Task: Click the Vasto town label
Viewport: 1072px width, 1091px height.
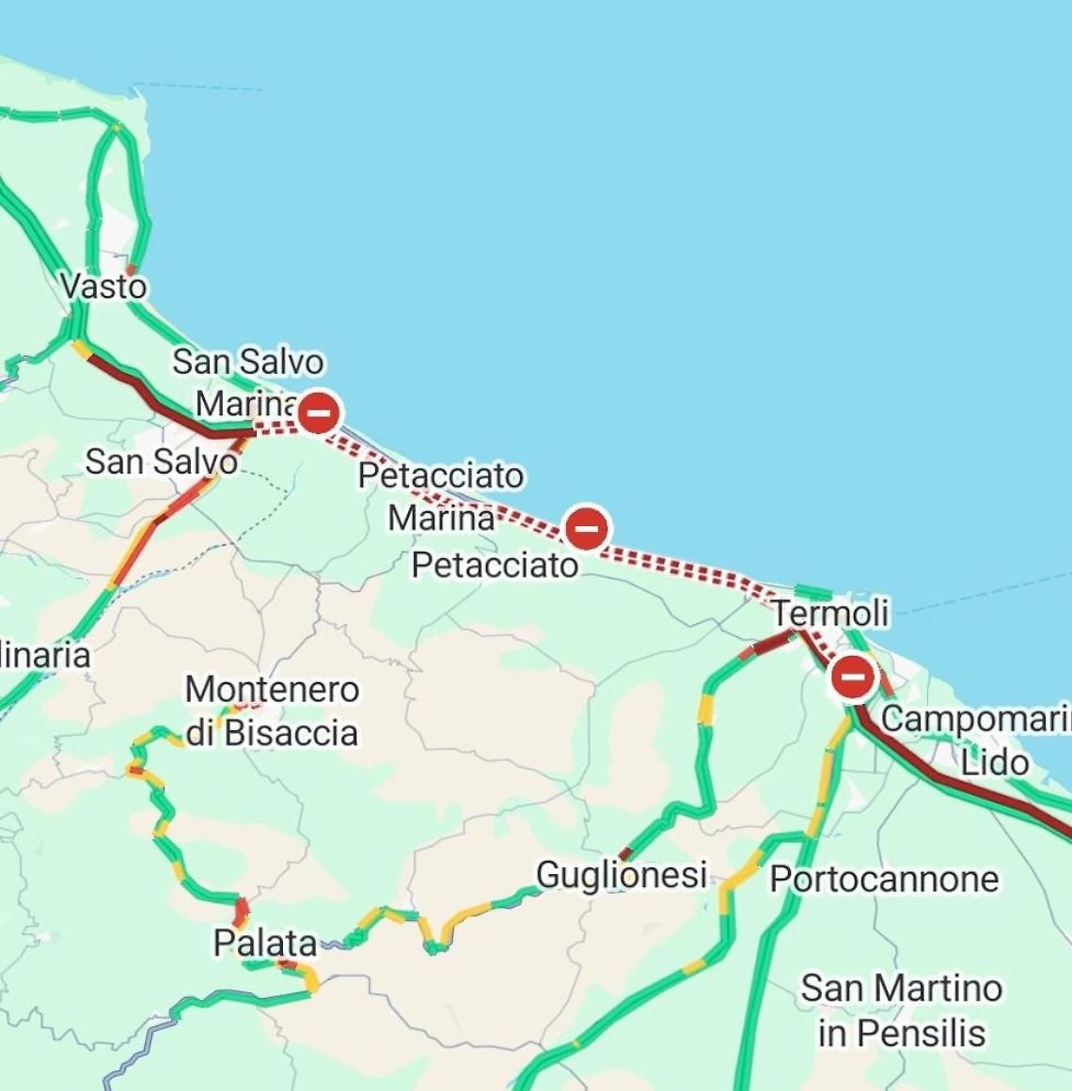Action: point(103,286)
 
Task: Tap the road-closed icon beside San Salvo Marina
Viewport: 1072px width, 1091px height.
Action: point(319,412)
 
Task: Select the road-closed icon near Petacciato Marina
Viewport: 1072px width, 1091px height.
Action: point(586,528)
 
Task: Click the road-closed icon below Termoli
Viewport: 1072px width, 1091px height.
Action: point(853,677)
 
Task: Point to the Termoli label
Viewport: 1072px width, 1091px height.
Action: point(830,614)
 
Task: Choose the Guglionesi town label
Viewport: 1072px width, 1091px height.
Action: point(621,874)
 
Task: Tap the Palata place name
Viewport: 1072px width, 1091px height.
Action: point(264,943)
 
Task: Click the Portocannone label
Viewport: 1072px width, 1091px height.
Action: point(884,880)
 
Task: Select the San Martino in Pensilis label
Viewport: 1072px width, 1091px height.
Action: point(901,1010)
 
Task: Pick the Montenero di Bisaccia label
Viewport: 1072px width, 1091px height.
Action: point(272,711)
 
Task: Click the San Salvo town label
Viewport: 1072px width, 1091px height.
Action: point(161,461)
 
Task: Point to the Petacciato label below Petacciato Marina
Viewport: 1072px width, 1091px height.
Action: point(495,565)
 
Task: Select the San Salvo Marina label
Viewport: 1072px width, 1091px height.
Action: point(247,382)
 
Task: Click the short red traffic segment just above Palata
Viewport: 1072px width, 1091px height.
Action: point(241,911)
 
